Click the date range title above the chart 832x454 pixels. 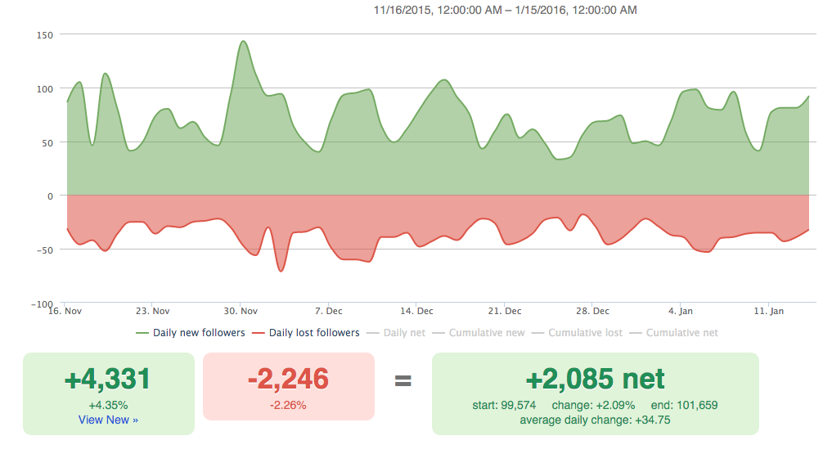coord(505,11)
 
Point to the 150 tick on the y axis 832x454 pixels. coord(44,35)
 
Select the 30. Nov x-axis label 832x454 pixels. coord(241,311)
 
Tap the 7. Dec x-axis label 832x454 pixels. coord(329,311)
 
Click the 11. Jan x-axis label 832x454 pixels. coord(769,311)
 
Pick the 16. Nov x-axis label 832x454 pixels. coord(66,311)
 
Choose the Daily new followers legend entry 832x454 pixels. coord(190,333)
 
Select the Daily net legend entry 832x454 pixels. coord(398,333)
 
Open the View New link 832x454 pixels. coord(108,420)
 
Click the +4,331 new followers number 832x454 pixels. coord(108,380)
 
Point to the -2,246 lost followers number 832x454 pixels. coord(288,380)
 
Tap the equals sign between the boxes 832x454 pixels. coord(403,380)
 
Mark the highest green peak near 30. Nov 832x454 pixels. coord(243,41)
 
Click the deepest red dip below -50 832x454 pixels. coord(281,271)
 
